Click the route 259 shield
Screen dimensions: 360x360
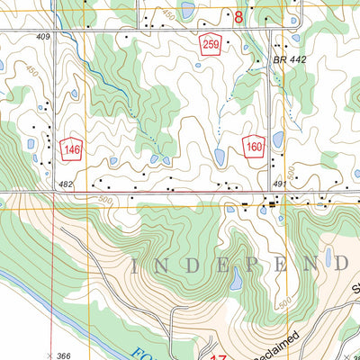pos(211,46)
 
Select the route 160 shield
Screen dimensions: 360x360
pos(253,144)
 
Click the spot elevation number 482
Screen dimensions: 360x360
pos(66,184)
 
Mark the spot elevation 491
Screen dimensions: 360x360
pos(280,184)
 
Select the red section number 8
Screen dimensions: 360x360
pos(238,17)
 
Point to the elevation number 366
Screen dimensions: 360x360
pos(63,356)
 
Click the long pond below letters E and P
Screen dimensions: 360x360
pos(235,280)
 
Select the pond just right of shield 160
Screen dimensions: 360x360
pos(277,139)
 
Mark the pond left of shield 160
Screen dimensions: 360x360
pos(220,158)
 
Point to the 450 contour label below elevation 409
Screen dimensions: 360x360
pos(31,70)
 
